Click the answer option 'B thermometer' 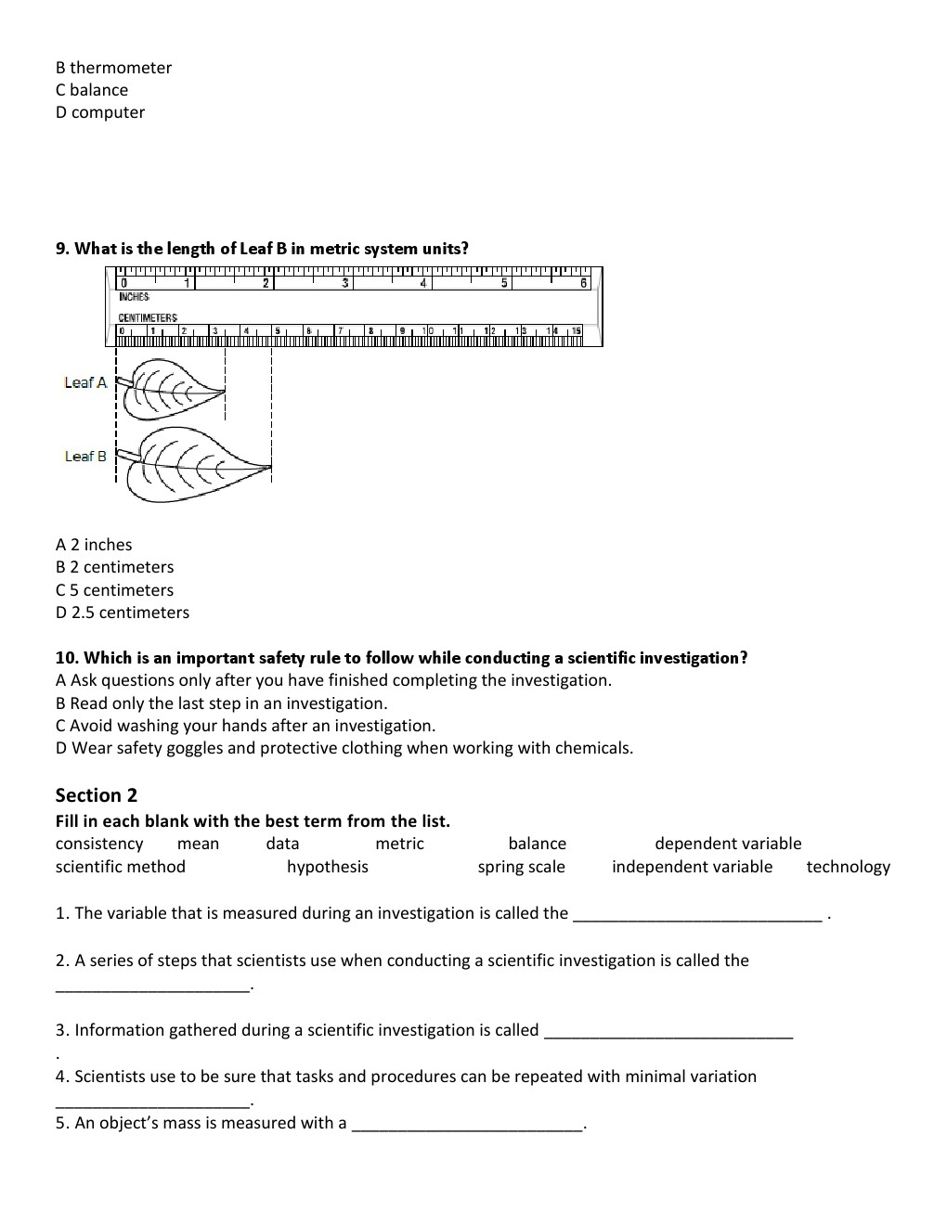113,68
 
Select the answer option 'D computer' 100,112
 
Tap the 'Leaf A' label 85,382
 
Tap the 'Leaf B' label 85,456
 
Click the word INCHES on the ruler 135,296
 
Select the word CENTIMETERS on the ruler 148,317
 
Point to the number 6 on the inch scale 584,283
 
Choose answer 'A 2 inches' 94,545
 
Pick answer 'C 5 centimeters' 114,590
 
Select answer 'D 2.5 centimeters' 123,612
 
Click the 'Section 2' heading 97,795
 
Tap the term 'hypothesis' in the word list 327,867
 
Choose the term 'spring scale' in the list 521,867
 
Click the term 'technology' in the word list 848,867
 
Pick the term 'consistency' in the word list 99,844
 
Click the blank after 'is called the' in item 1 697,918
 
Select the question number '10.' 68,658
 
